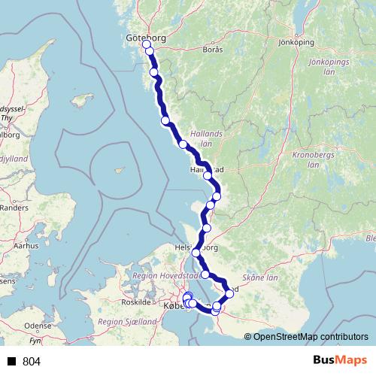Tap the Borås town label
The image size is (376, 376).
[213, 50]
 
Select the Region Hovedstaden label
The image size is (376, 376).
[167, 275]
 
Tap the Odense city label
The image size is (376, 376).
[38, 326]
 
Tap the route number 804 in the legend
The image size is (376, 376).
[32, 362]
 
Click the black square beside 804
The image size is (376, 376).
[12, 362]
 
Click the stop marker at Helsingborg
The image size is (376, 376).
[196, 252]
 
